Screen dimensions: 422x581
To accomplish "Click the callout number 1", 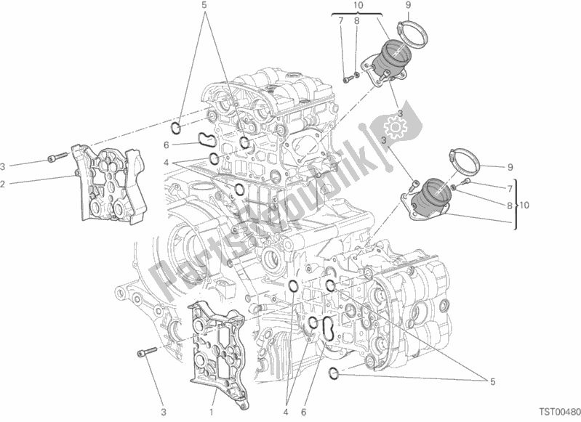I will pos(211,402).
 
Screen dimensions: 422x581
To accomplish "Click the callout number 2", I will pos(3,184).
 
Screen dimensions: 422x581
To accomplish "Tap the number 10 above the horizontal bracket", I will pos(357,6).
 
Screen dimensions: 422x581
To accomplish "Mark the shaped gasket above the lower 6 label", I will pos(328,327).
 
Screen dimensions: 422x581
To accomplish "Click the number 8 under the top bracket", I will pos(357,21).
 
